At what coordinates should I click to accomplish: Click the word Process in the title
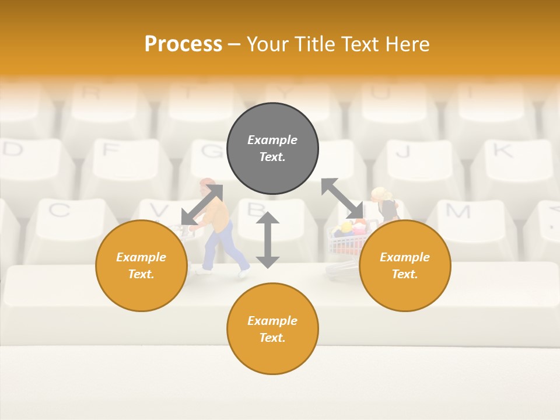[183, 44]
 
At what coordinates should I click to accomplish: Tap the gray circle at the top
[272, 149]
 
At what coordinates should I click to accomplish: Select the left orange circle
[141, 265]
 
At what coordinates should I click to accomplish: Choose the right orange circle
[405, 265]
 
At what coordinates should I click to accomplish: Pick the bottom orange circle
[272, 329]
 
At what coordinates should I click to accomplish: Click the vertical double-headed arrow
[268, 240]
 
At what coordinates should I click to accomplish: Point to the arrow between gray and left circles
[202, 204]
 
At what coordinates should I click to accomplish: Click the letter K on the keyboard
[502, 151]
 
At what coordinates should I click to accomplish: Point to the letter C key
[59, 210]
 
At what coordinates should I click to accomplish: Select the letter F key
[110, 150]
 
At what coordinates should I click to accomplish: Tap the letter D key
[13, 149]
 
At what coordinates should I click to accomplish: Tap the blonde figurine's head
[380, 194]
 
